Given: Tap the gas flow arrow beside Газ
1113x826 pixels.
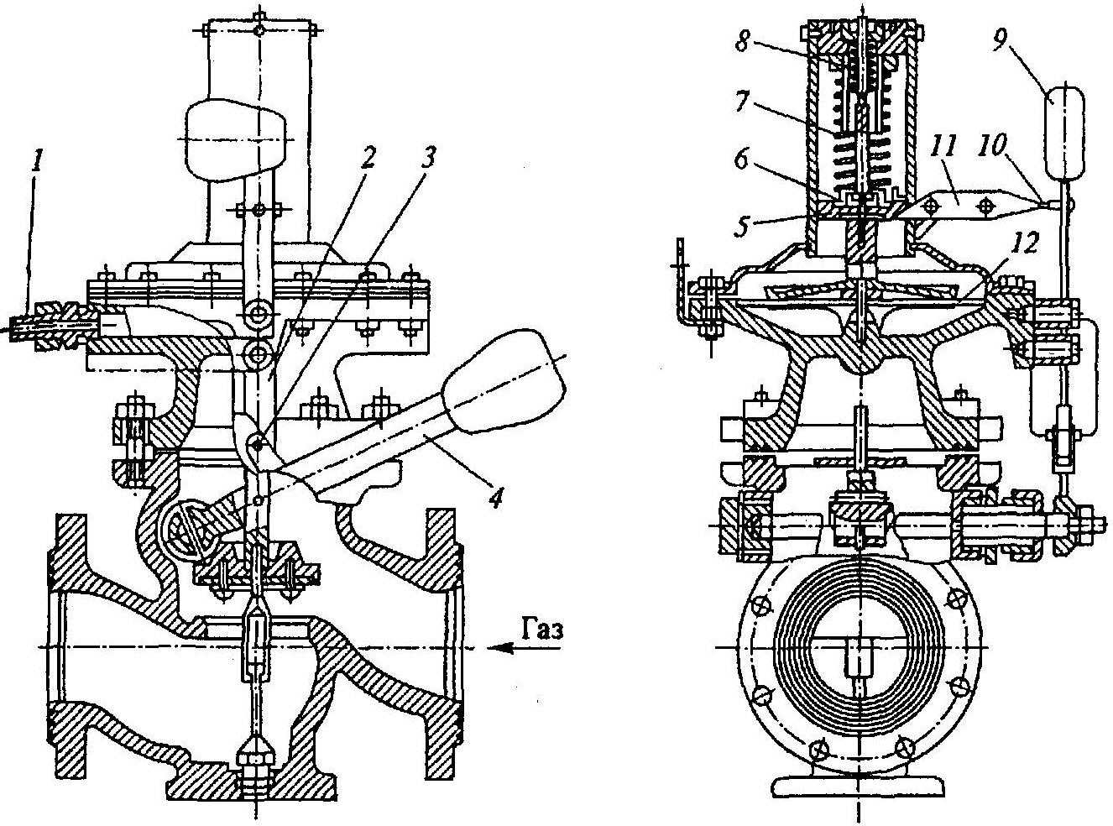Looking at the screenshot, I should (x=512, y=647).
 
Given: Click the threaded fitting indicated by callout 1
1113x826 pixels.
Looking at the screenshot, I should (x=50, y=323).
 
